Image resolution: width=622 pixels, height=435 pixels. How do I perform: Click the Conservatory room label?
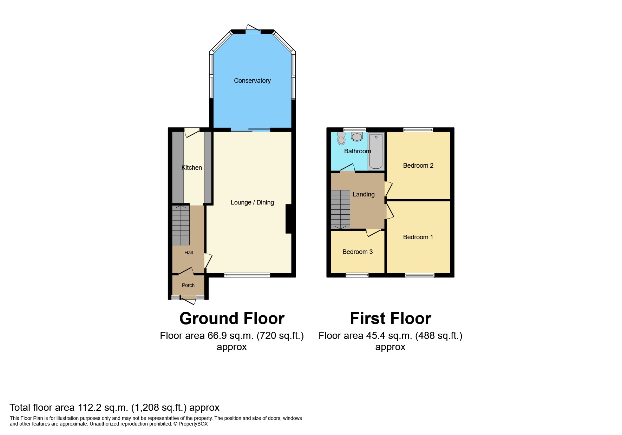click(252, 81)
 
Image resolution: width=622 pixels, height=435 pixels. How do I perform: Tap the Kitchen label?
click(191, 168)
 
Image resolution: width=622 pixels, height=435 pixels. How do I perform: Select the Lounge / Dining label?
click(252, 202)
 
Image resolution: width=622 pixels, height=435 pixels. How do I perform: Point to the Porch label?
click(188, 285)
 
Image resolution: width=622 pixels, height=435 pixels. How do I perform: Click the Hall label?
click(189, 253)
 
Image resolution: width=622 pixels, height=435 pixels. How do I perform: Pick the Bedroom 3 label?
click(358, 252)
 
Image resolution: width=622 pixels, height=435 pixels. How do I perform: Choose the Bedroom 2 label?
click(418, 166)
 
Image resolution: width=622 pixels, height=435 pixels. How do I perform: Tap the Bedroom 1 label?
click(418, 237)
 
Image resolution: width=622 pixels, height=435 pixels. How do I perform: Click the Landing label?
click(364, 194)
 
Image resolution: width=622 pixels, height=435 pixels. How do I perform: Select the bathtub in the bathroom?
click(376, 151)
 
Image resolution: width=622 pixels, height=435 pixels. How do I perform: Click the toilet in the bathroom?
click(341, 139)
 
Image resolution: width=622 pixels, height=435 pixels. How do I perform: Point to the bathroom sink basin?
click(357, 137)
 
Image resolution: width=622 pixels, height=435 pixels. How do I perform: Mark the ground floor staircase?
click(181, 225)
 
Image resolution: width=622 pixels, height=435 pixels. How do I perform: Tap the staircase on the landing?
click(340, 209)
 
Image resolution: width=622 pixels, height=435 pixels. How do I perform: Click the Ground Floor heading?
click(232, 319)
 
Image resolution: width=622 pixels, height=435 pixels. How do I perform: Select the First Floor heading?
click(391, 319)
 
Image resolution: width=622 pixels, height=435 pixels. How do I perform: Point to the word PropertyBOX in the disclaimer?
click(193, 424)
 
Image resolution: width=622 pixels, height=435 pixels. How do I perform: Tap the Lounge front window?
click(247, 275)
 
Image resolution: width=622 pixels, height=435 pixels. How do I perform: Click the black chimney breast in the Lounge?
click(289, 219)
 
